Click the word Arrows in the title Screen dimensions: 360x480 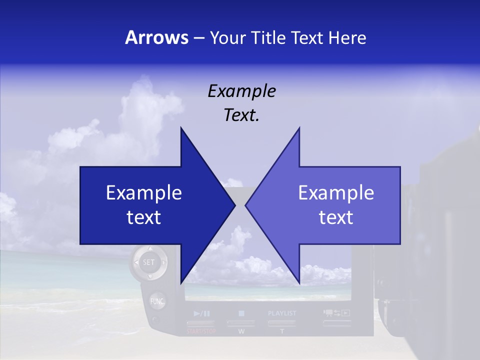(156, 38)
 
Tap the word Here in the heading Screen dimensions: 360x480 (347, 38)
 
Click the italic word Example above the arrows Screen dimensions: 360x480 (241, 91)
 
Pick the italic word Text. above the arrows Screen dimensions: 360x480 (241, 115)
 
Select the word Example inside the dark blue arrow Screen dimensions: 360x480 (144, 192)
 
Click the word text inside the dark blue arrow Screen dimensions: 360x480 (144, 217)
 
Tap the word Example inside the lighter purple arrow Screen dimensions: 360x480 (336, 192)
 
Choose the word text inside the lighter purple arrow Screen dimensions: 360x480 (336, 217)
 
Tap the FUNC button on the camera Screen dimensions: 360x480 (157, 301)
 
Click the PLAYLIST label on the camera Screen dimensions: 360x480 (282, 313)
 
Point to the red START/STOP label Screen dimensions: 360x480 (200, 331)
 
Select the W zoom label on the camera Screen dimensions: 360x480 (241, 331)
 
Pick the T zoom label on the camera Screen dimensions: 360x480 (282, 331)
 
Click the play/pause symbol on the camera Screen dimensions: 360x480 (201, 314)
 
